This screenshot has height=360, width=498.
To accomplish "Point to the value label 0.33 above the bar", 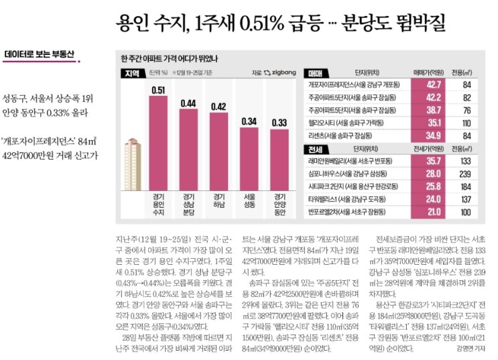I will click(x=279, y=122).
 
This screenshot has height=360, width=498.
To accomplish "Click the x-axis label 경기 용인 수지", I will click(x=159, y=204).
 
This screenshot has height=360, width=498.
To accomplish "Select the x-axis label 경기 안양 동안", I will click(x=279, y=204).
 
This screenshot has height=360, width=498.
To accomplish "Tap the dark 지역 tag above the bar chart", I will click(x=131, y=72).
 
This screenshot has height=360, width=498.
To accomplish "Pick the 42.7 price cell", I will click(x=434, y=84).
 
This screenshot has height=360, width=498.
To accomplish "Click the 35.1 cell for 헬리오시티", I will click(x=434, y=123).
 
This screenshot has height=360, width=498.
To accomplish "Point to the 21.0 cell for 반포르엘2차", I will click(x=434, y=212).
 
